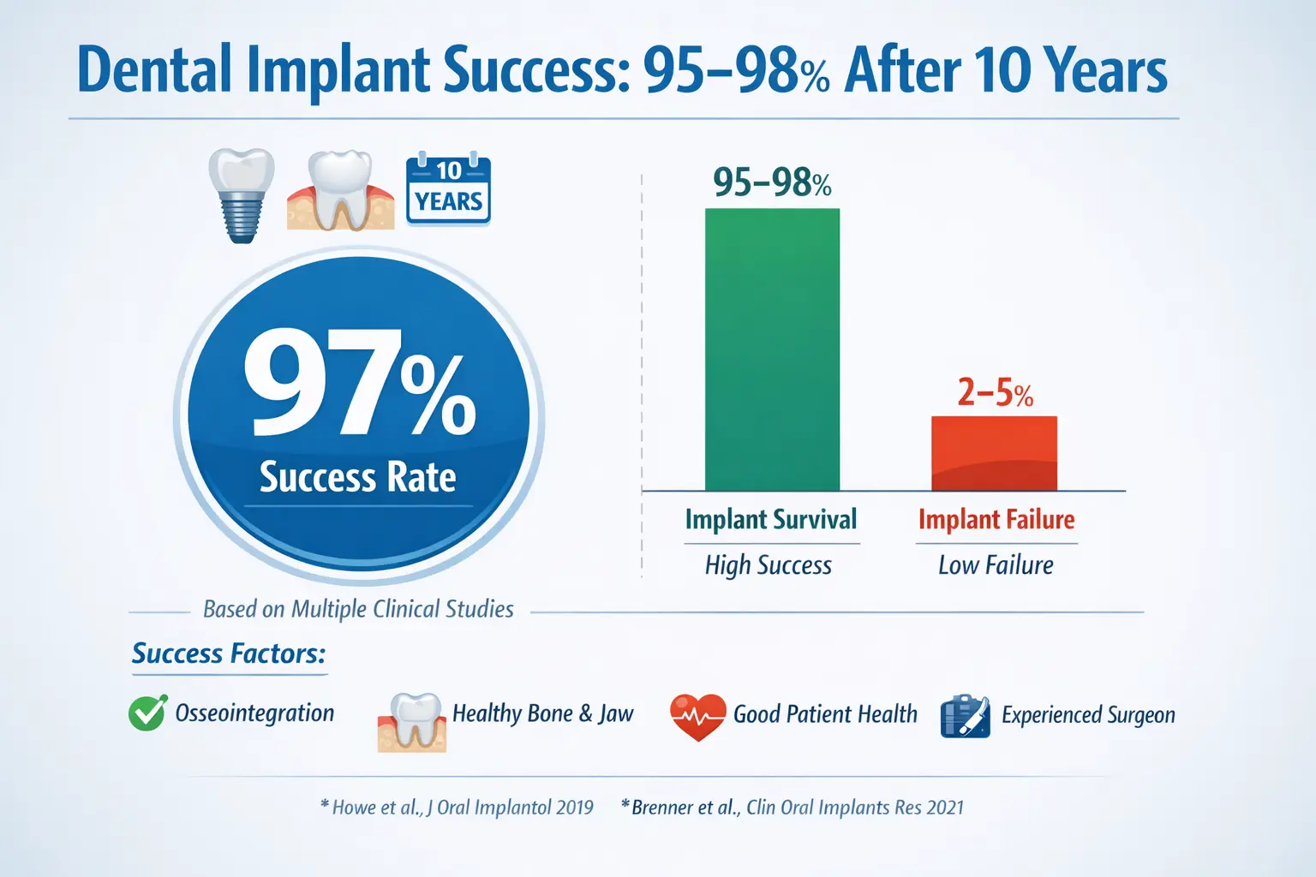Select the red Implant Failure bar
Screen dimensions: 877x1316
pyautogui.click(x=994, y=453)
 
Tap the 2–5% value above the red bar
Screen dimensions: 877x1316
pyautogui.click(x=995, y=393)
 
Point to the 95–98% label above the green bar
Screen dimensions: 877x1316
pyautogui.click(x=772, y=182)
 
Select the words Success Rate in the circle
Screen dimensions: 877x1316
pyautogui.click(x=357, y=477)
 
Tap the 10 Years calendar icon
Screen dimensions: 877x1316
pyautogui.click(x=448, y=189)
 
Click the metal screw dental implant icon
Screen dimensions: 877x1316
pyautogui.click(x=242, y=194)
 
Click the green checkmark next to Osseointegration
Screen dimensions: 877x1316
pyautogui.click(x=147, y=713)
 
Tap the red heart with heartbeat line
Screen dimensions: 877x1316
pyautogui.click(x=698, y=715)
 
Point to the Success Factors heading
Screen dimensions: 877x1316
pyautogui.click(x=229, y=653)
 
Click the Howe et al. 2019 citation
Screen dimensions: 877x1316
pyautogui.click(x=457, y=808)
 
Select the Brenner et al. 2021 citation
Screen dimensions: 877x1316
pyautogui.click(x=793, y=808)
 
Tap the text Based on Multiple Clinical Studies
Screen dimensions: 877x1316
pyautogui.click(x=358, y=609)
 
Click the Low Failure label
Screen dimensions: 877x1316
pyautogui.click(x=996, y=565)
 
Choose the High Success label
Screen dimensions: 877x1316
pyautogui.click(x=769, y=565)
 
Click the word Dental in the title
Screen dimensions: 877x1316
pyautogui.click(x=154, y=70)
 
